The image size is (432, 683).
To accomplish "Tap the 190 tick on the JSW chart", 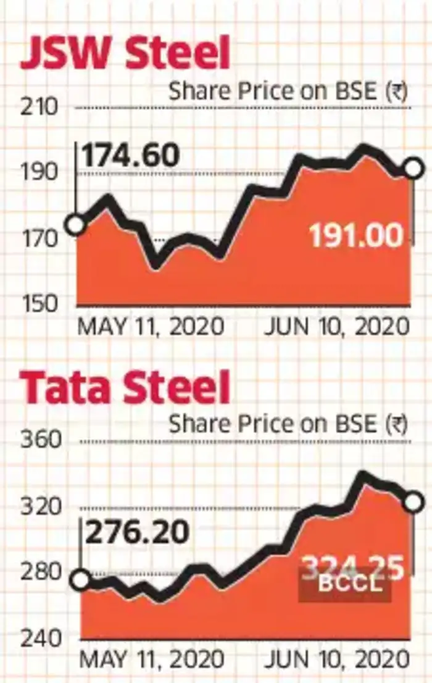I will click(x=41, y=173).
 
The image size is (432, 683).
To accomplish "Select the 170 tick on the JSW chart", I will click(x=41, y=237).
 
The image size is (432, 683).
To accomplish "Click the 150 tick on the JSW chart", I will click(x=41, y=303).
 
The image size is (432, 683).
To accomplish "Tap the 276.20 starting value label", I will click(x=136, y=532).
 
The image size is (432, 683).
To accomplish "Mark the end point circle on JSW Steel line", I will click(x=413, y=168).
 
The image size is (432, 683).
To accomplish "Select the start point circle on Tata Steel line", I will click(x=81, y=580).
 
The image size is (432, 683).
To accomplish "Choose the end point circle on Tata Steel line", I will click(x=413, y=502).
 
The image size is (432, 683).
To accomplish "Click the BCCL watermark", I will click(x=346, y=584).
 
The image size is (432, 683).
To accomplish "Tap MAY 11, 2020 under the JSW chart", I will click(x=150, y=326).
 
